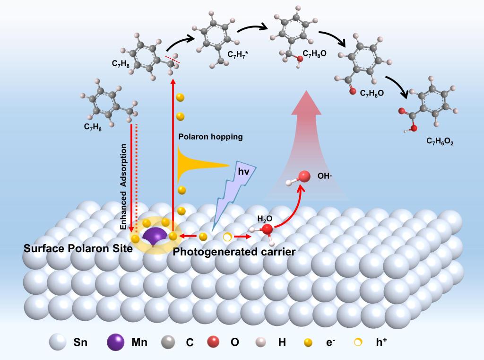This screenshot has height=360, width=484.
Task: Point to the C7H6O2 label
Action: [440, 141]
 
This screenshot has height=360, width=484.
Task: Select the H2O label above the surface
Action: [265, 219]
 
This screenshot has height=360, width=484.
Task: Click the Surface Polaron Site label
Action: [78, 249]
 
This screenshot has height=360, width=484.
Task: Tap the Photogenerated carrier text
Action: [234, 252]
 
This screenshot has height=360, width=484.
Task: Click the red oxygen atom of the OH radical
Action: [304, 177]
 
